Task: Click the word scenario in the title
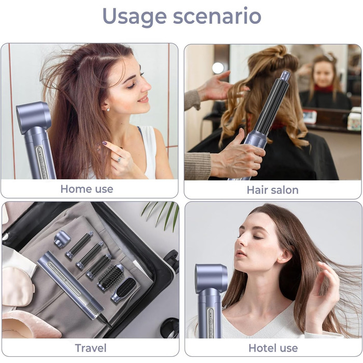[x=217, y=16]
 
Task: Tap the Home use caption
[x=87, y=189]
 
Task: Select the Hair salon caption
[x=272, y=190]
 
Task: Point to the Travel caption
[x=91, y=348]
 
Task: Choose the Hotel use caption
[x=273, y=348]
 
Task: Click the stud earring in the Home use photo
[x=108, y=109]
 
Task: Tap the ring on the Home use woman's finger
[x=119, y=159]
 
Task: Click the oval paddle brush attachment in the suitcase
[x=123, y=290]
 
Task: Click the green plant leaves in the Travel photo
[x=162, y=215]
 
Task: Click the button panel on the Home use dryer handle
[x=41, y=162]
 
